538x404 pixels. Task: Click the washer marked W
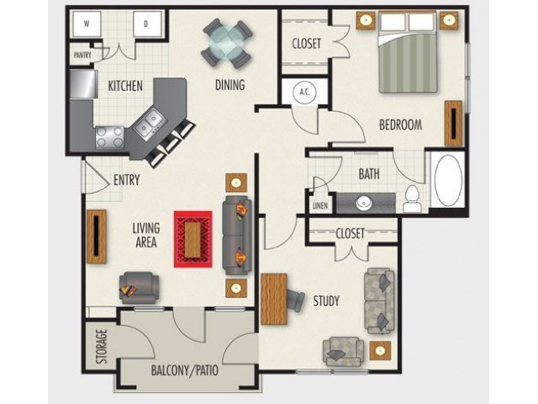tap(87, 24)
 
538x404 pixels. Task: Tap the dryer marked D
tap(146, 24)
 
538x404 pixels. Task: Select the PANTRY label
tap(82, 55)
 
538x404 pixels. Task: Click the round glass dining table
tap(227, 44)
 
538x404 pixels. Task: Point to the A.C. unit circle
tap(304, 92)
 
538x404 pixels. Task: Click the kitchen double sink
tap(149, 124)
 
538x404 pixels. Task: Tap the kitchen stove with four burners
tap(109, 137)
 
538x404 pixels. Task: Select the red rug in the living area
tap(193, 239)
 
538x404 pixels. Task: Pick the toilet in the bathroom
tap(412, 199)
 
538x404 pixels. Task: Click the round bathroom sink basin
tap(364, 203)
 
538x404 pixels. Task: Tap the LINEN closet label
tap(320, 205)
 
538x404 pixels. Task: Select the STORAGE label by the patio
tap(102, 347)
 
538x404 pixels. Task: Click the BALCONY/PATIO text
tap(185, 370)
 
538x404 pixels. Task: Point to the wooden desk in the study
tap(274, 300)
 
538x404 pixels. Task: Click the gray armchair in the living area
tap(139, 288)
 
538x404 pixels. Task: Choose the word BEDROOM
tap(400, 125)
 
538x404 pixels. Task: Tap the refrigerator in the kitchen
tap(83, 84)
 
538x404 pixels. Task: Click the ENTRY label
tap(127, 180)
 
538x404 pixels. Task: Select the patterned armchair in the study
tap(343, 352)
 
